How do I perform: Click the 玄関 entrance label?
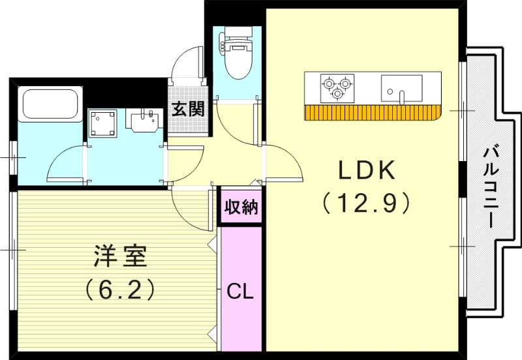(x=188, y=109)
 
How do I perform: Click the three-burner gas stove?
(x=337, y=85)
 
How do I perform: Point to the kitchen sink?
(x=401, y=87)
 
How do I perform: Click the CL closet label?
(x=240, y=292)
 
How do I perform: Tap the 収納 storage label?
(x=241, y=208)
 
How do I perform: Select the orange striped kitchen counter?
(x=372, y=113)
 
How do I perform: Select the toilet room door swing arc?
(x=232, y=124)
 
